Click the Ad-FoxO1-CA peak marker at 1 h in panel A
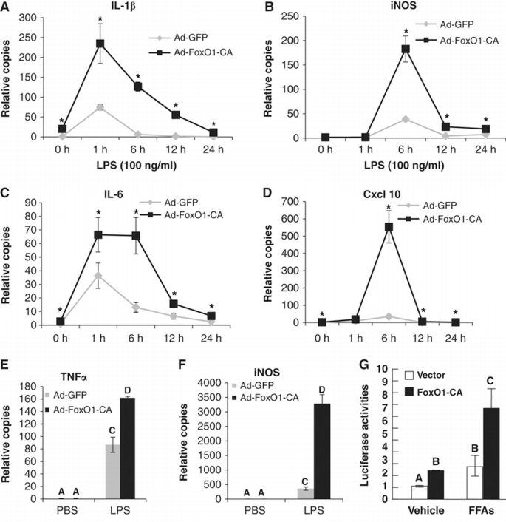(x=98, y=44)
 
